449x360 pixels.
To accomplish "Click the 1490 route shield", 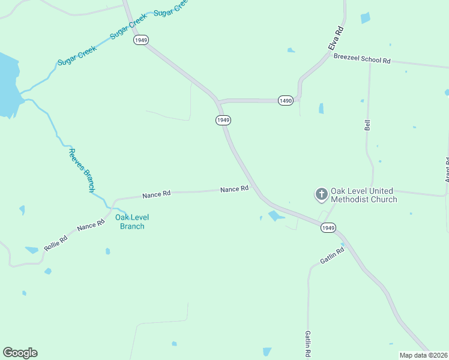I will point(285,101).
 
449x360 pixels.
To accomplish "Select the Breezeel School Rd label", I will point(361,60).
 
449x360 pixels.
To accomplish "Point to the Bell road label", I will point(367,125).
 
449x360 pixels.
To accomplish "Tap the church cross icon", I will point(322,194).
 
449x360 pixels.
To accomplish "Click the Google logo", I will point(20,353).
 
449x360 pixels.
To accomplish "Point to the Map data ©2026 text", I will point(424,355).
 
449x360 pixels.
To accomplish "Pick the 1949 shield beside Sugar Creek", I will point(141,40).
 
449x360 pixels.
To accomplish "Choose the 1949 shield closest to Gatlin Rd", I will point(328,228).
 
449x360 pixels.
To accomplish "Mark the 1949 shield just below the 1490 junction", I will point(223,120).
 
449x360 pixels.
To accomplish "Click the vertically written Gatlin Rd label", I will point(307,344).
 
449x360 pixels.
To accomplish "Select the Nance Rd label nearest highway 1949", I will point(234,189).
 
